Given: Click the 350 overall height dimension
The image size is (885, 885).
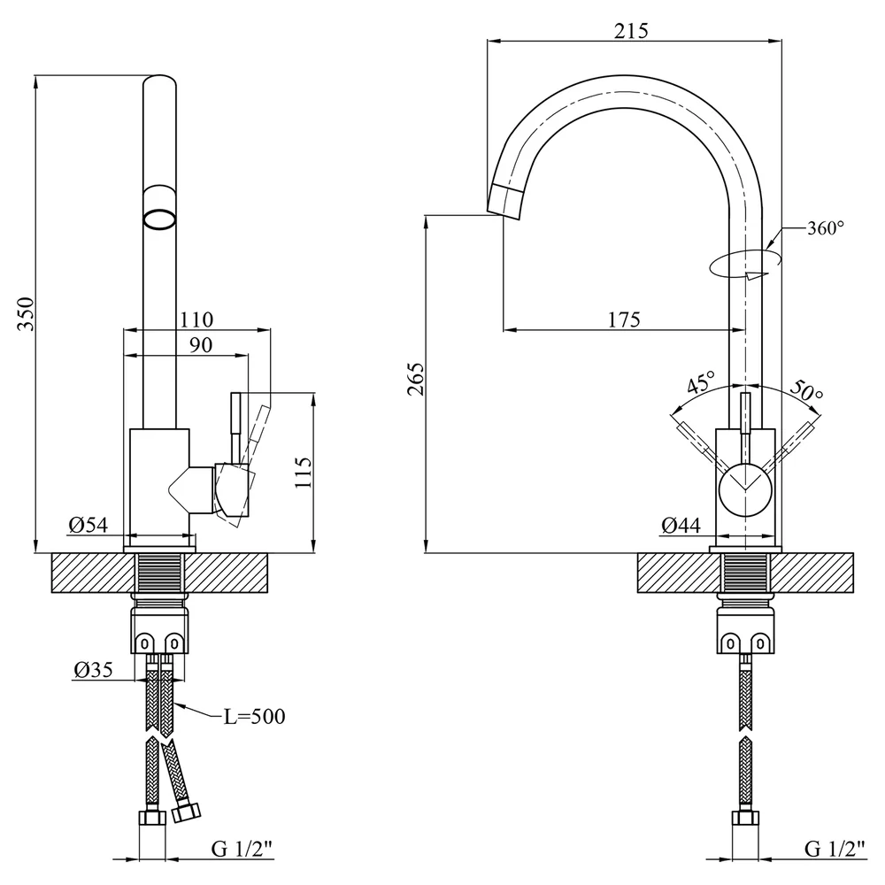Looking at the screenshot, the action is pyautogui.click(x=26, y=313).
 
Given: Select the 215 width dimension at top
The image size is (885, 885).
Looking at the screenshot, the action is pyautogui.click(x=631, y=30).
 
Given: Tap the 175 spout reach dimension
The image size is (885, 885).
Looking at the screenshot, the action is pyautogui.click(x=624, y=319).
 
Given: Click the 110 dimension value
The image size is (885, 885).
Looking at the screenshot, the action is pyautogui.click(x=196, y=320).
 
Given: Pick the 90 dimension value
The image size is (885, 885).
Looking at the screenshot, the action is pyautogui.click(x=200, y=345).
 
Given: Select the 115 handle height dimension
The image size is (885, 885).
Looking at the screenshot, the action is pyautogui.click(x=303, y=473).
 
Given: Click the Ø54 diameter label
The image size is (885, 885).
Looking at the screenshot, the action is pyautogui.click(x=88, y=526).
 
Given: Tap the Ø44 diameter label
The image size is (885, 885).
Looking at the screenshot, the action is pyautogui.click(x=681, y=526).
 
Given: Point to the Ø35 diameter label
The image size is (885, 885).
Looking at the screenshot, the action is pyautogui.click(x=93, y=670).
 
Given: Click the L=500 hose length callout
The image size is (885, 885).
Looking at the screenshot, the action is pyautogui.click(x=255, y=717).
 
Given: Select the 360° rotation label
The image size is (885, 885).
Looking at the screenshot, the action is pyautogui.click(x=825, y=228).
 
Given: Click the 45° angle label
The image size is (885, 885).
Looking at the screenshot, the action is pyautogui.click(x=701, y=381).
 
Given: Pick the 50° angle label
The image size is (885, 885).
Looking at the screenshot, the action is pyautogui.click(x=806, y=389).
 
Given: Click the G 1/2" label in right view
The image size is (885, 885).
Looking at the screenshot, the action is pyautogui.click(x=835, y=849).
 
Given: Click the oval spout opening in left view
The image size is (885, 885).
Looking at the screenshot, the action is pyautogui.click(x=159, y=219).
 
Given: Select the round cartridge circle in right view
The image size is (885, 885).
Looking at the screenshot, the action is pyautogui.click(x=745, y=490).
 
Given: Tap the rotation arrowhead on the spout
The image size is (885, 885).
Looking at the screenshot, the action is pyautogui.click(x=755, y=275).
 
